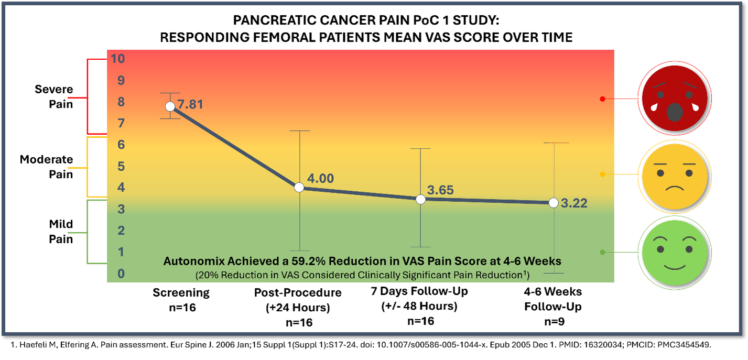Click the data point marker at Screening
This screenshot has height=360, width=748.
pos(170,106)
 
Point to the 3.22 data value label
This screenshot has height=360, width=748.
pos(574,203)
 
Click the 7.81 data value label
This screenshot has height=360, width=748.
pos(190,105)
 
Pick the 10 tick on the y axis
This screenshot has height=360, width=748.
pos(117,59)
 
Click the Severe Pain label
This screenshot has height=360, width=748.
pos(54,96)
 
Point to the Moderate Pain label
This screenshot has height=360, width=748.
pos(46,167)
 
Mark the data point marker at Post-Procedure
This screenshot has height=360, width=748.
pos(299,188)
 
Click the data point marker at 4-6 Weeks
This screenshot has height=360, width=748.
pos(553,203)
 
